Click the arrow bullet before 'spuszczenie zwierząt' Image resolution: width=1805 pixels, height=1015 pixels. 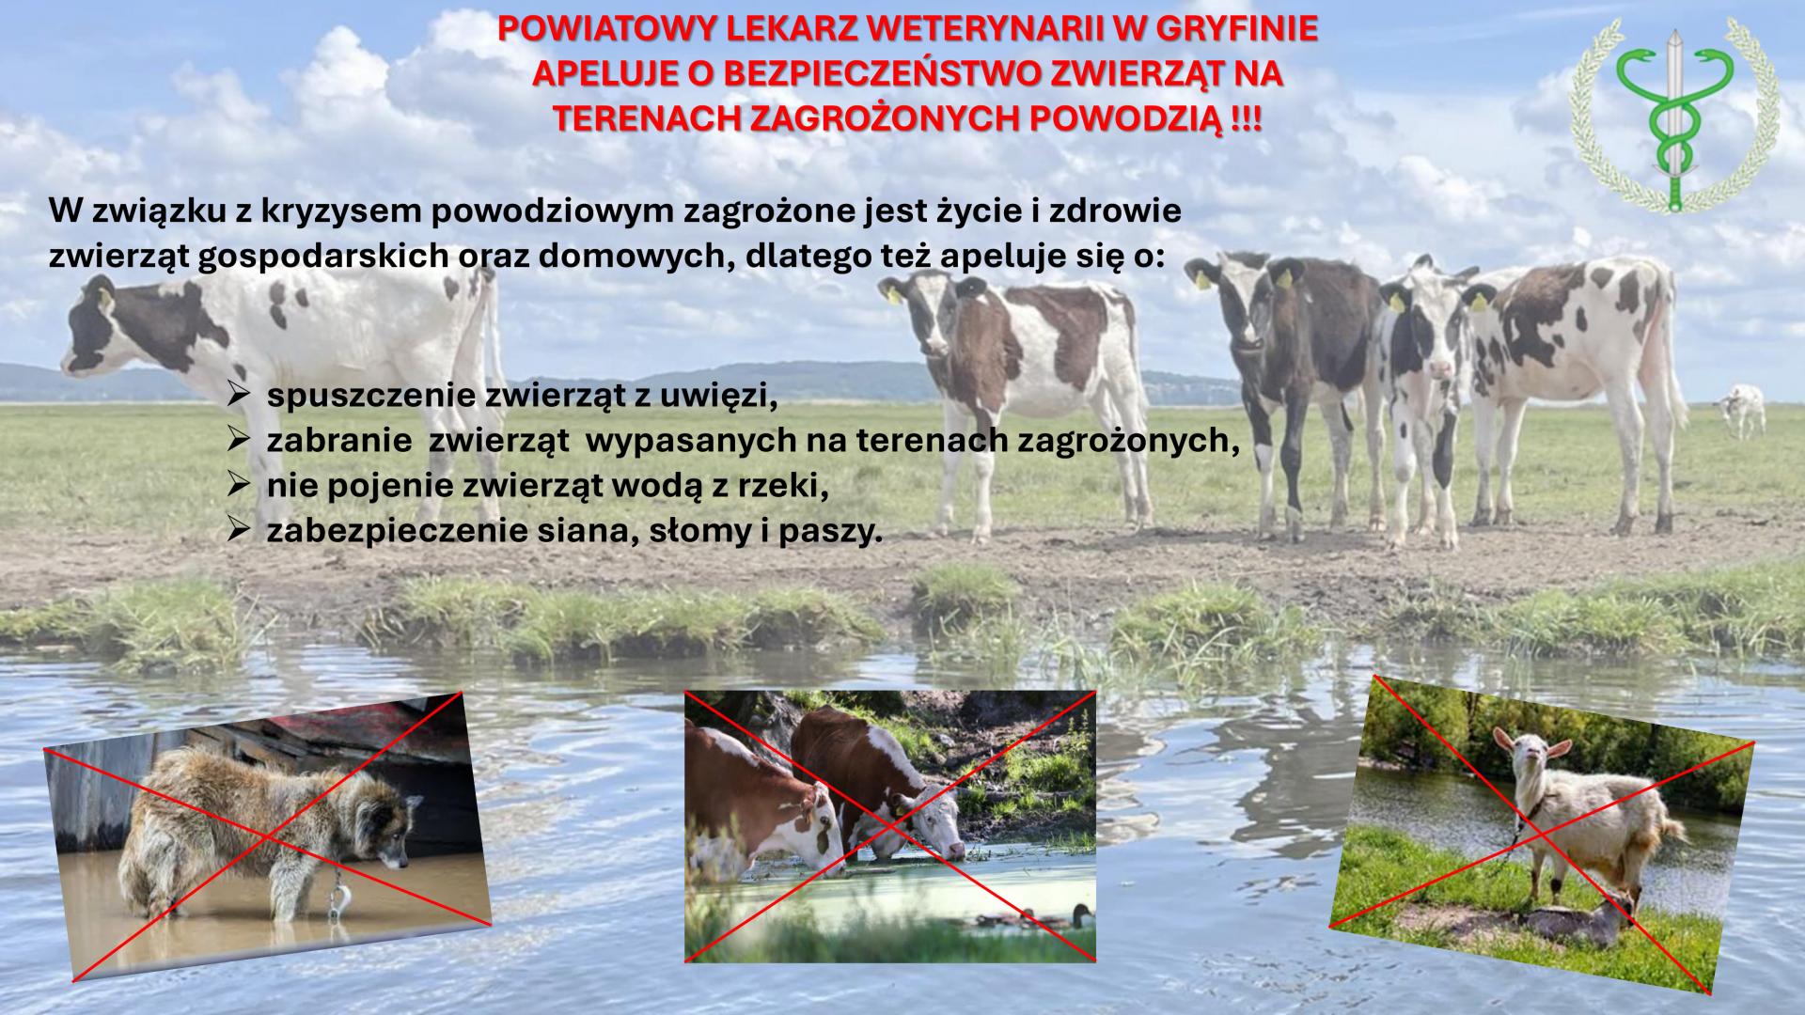pos(238,395)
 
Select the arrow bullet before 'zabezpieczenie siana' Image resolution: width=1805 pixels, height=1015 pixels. pos(238,530)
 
